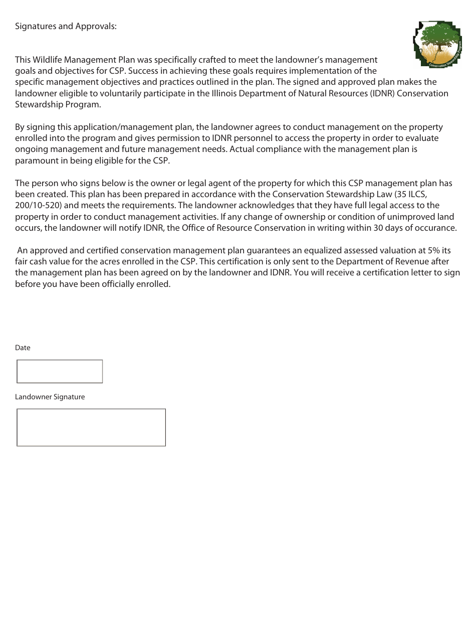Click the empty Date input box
click(60, 371)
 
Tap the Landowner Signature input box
click(91, 427)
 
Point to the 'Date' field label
click(23, 348)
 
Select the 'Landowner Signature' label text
click(50, 397)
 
